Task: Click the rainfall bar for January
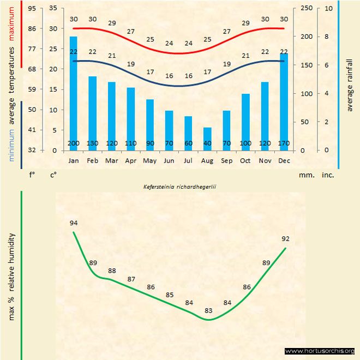74,93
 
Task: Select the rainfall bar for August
207,139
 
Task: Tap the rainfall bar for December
284,101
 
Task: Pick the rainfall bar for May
150,124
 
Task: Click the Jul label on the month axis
188,161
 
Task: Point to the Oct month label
245,161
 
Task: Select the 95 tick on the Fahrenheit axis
33,9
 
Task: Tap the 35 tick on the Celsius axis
52,9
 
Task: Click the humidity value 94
74,223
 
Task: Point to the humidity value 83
208,310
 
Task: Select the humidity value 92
285,238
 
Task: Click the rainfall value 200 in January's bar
74,143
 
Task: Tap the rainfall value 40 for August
207,143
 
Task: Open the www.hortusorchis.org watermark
320,351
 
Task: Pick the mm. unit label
306,175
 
